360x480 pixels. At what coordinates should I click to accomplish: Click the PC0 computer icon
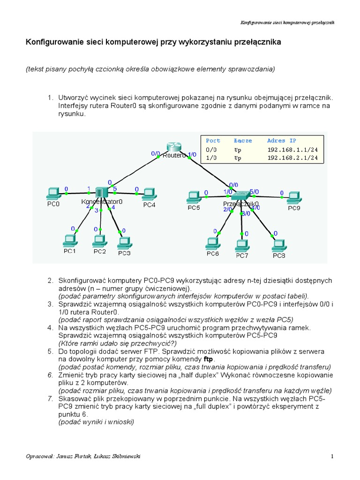coord(53,193)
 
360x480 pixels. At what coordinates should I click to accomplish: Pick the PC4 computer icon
coord(149,194)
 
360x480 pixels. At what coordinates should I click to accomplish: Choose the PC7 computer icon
coord(241,245)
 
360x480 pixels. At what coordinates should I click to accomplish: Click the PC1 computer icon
coord(70,240)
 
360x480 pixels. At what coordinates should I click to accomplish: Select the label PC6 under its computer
coord(213,254)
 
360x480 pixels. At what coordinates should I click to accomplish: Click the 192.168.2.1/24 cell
coord(295,158)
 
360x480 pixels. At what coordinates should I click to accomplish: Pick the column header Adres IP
coord(281,141)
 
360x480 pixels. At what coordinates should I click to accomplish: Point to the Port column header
coord(213,141)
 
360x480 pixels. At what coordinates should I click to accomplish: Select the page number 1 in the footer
coord(332,456)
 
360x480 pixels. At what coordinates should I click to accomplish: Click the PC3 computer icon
coord(124,242)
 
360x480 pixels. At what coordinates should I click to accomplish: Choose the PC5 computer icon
coord(193,196)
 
